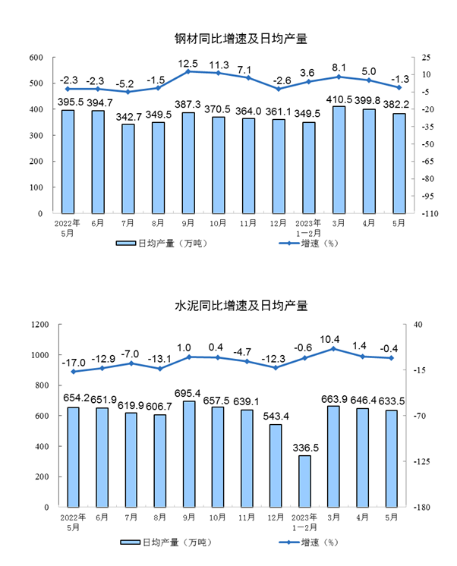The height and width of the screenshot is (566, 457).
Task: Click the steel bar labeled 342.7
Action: pos(128,168)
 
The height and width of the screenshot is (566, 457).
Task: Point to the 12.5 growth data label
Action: pos(188,62)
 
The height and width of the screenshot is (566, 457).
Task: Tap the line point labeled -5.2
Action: pos(128,92)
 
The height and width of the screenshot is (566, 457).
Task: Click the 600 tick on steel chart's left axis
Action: pos(36,58)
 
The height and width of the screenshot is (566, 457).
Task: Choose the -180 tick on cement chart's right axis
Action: pos(423,507)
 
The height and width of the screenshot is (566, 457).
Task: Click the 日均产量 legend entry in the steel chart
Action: pos(162,244)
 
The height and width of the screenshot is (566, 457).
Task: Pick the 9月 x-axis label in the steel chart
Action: pos(188,224)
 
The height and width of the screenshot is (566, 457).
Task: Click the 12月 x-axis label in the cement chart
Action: pos(276,517)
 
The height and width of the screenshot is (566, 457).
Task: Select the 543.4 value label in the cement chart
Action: pos(276,417)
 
